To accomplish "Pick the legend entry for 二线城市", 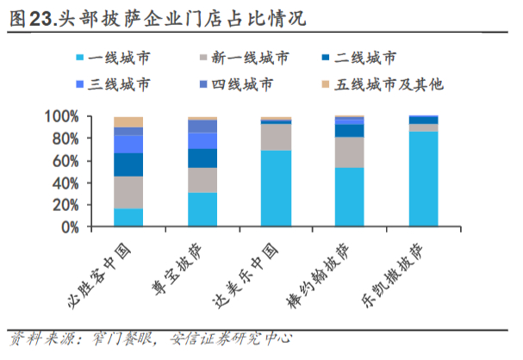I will [x=365, y=59].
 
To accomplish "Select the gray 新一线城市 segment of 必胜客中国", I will [x=128, y=192].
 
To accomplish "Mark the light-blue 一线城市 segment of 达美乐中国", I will [x=276, y=189].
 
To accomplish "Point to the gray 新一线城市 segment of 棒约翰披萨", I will [x=349, y=152].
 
